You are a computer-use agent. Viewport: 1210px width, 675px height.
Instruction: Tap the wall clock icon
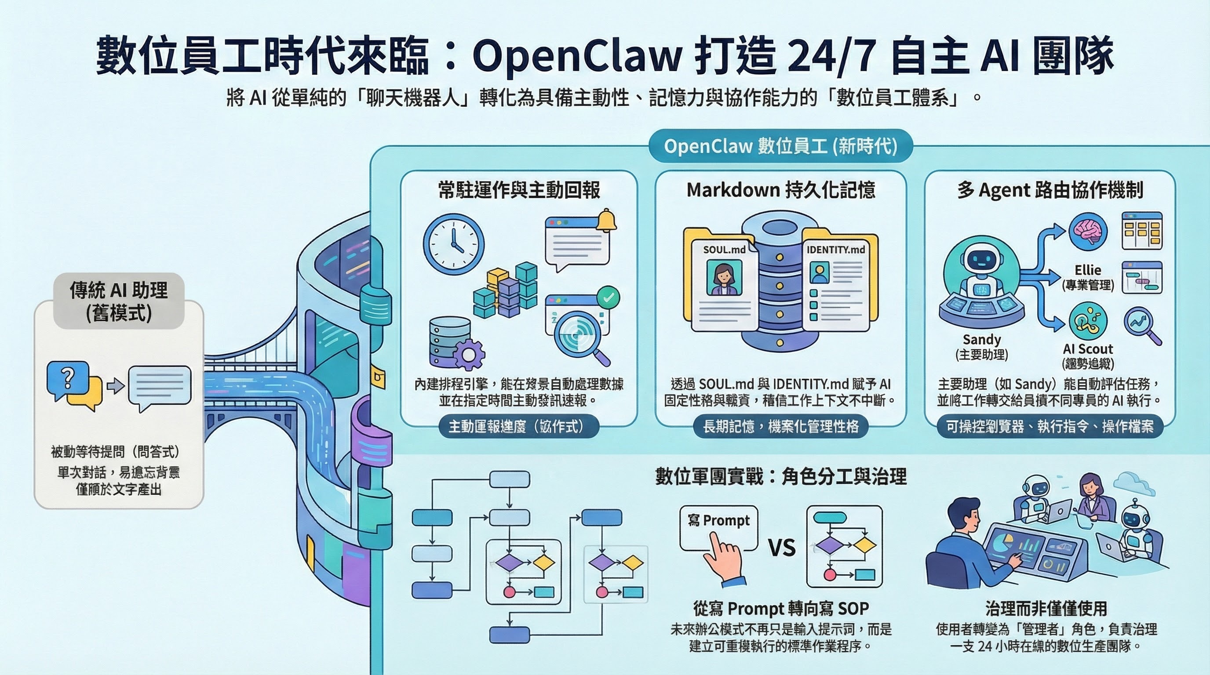click(453, 244)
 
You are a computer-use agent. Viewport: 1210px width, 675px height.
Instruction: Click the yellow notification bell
click(606, 221)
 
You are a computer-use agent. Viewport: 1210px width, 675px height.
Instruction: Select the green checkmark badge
click(608, 298)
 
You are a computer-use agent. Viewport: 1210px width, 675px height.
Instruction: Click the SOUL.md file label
click(724, 250)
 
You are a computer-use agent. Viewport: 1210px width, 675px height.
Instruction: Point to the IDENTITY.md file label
click(835, 250)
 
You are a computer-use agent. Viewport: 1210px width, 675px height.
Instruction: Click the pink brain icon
click(1088, 232)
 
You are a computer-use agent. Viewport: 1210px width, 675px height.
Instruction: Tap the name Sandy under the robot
click(982, 339)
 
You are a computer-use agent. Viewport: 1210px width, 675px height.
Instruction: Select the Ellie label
click(1088, 270)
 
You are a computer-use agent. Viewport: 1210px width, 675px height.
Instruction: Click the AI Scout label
click(1088, 349)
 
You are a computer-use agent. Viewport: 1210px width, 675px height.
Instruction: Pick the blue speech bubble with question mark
click(68, 378)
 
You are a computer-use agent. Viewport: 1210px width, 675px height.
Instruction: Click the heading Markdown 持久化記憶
click(781, 190)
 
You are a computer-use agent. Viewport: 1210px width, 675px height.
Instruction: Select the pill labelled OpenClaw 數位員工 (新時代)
click(781, 146)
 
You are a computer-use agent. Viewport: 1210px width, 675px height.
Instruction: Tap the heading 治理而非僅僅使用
click(1046, 609)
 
